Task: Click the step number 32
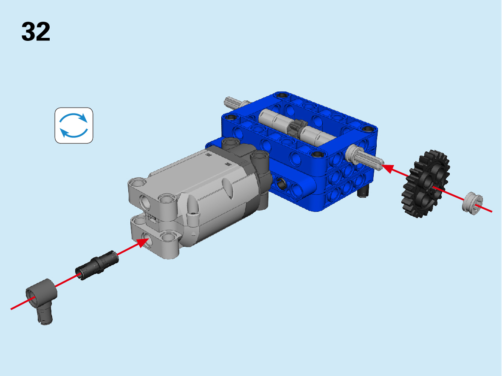(36, 31)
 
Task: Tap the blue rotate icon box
(74, 125)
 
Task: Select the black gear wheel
(426, 184)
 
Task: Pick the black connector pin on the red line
(97, 265)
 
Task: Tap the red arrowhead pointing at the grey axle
(388, 168)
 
